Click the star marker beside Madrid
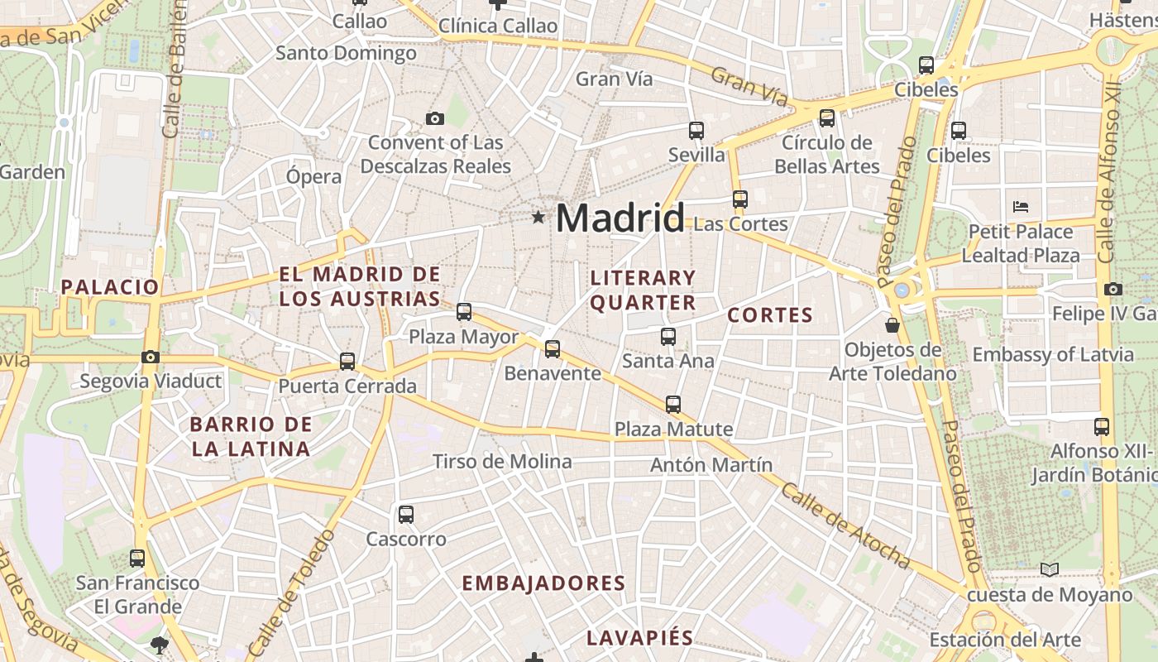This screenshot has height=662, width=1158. pyautogui.click(x=538, y=218)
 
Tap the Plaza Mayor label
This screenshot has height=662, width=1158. pyautogui.click(x=463, y=337)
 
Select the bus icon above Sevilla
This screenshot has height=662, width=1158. pyautogui.click(x=696, y=130)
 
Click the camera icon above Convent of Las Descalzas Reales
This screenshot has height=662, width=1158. pyautogui.click(x=435, y=118)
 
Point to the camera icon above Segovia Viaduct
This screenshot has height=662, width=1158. pyautogui.click(x=150, y=357)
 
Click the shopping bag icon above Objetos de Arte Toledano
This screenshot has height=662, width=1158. pyautogui.click(x=892, y=324)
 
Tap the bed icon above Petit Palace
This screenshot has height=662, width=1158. pyautogui.click(x=1020, y=206)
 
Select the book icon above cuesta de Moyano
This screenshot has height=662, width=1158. pyautogui.click(x=1049, y=569)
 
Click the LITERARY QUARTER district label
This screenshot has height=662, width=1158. pyautogui.click(x=643, y=290)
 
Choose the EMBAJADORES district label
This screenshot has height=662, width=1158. pyautogui.click(x=543, y=583)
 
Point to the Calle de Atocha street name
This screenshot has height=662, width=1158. pyautogui.click(x=845, y=525)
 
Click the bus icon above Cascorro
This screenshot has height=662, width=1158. pyautogui.click(x=405, y=514)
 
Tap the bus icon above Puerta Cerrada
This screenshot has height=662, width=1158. pyautogui.click(x=347, y=362)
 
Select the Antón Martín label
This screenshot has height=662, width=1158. pyautogui.click(x=711, y=464)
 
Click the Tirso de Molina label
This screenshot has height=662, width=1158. pyautogui.click(x=502, y=461)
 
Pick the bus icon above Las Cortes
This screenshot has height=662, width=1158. pyautogui.click(x=739, y=199)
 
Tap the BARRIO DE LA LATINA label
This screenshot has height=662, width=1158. pyautogui.click(x=251, y=437)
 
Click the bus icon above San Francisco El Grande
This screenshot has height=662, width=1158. pyautogui.click(x=137, y=558)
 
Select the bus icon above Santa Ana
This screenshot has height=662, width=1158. pyautogui.click(x=668, y=336)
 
